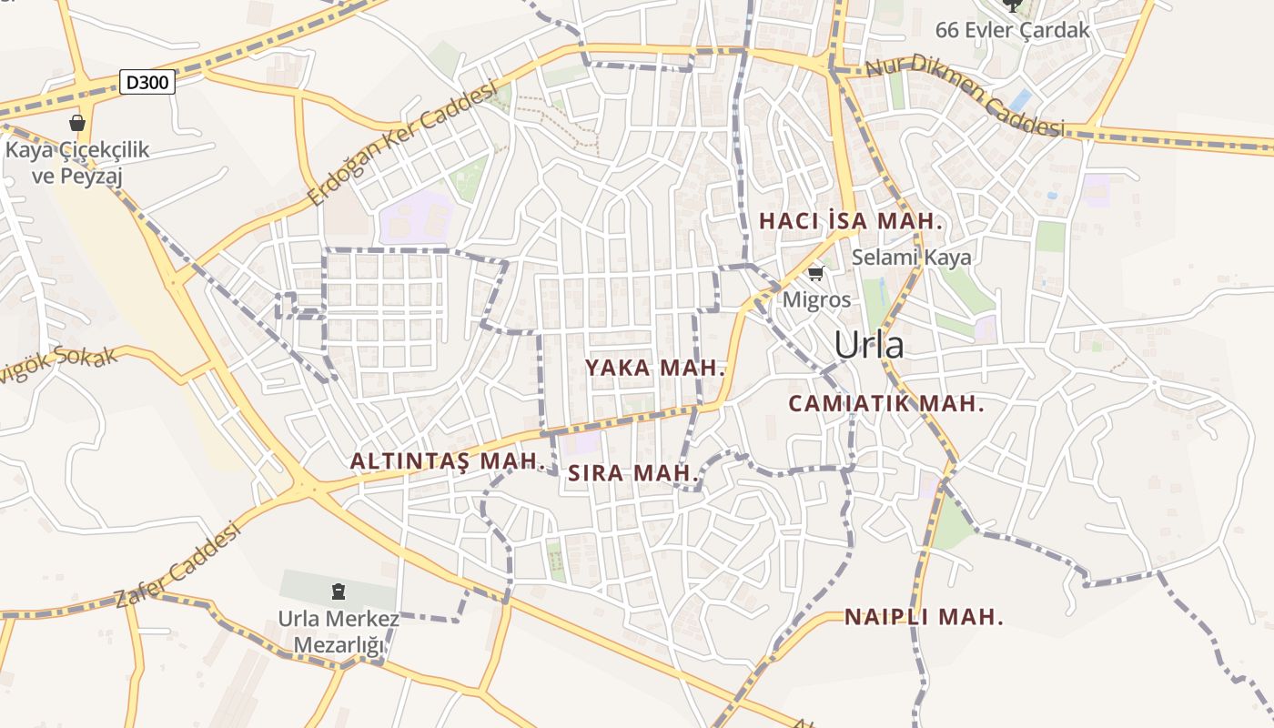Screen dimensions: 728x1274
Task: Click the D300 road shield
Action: (x=147, y=83)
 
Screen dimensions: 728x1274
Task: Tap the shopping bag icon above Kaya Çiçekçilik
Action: (x=76, y=123)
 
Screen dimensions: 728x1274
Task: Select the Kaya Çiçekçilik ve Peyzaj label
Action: (x=76, y=162)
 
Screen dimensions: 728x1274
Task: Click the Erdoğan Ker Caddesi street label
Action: (x=403, y=143)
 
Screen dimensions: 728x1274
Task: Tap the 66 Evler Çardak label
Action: (x=1012, y=29)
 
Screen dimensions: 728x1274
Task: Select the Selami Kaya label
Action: (x=911, y=258)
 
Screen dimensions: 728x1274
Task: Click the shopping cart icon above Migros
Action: (x=816, y=273)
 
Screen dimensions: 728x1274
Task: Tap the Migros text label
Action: (x=816, y=299)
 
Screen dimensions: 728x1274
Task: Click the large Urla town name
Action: (x=869, y=345)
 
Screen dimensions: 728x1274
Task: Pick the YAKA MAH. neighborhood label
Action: (x=654, y=369)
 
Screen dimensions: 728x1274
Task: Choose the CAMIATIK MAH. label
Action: (x=886, y=403)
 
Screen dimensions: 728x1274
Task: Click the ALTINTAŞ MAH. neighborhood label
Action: (x=447, y=461)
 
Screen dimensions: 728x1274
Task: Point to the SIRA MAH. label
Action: (x=633, y=473)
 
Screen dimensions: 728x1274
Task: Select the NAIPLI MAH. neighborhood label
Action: (x=924, y=617)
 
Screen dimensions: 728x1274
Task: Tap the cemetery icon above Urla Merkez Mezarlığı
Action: (x=339, y=592)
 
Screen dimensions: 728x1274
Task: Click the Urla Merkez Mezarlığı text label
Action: (x=339, y=632)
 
